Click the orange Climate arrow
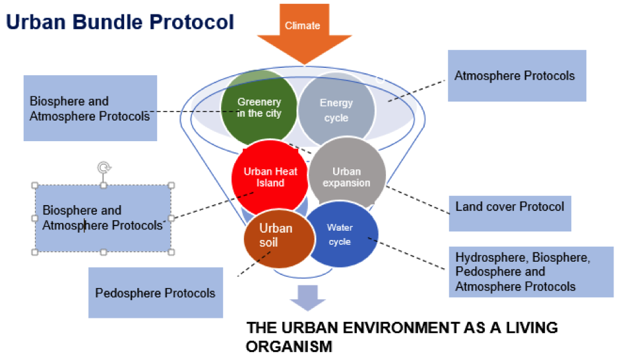pos(303,30)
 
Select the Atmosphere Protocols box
pos(516,76)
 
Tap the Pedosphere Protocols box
pos(156,292)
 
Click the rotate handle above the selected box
pos(103,167)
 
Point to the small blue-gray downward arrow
pos(307,297)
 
